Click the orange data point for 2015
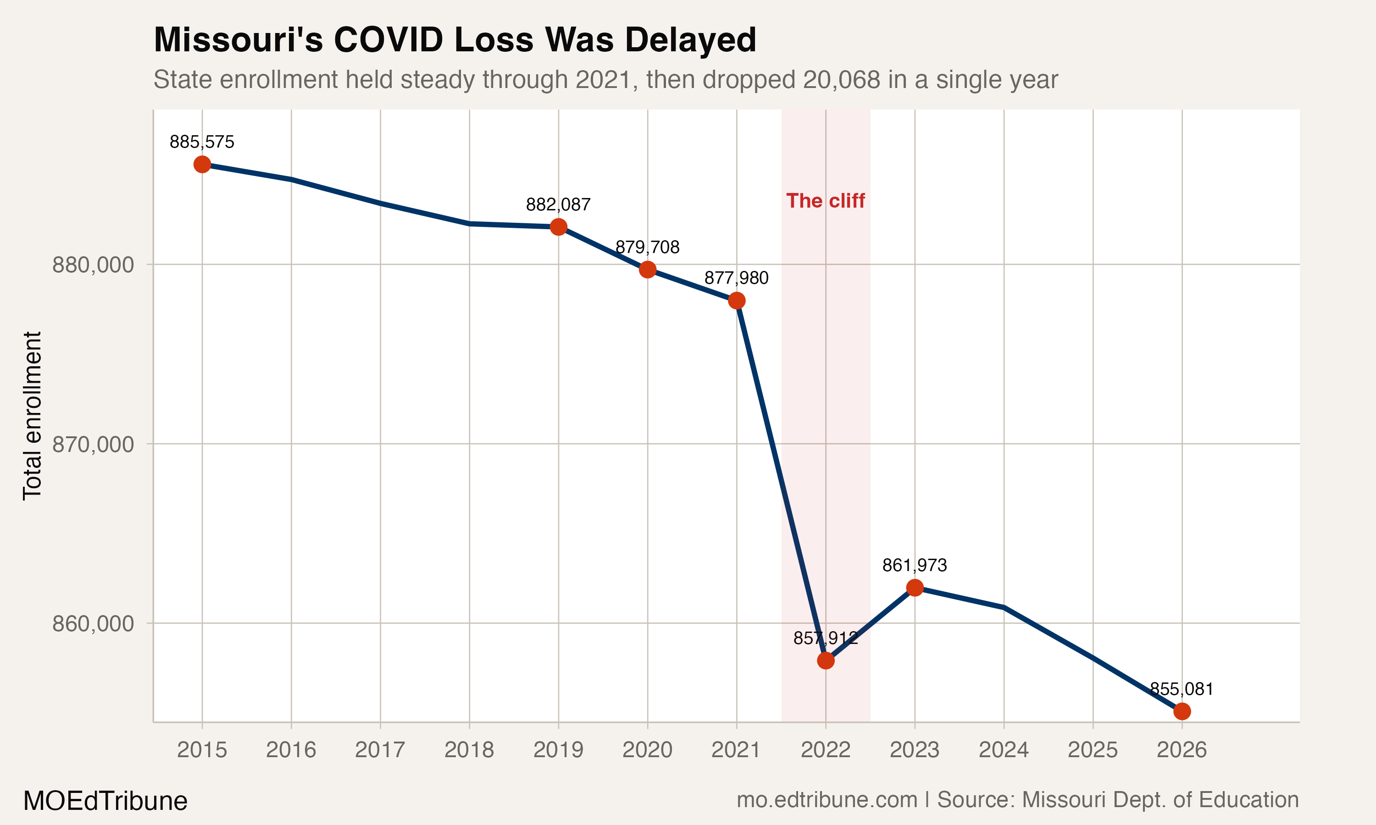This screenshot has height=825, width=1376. tap(202, 165)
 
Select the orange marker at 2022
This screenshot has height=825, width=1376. tap(826, 660)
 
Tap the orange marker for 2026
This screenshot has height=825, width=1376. tap(1182, 711)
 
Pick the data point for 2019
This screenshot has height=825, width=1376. tap(558, 227)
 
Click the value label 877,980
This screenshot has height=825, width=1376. tap(736, 278)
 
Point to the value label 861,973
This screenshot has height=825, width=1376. tap(915, 566)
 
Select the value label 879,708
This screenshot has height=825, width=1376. tap(647, 247)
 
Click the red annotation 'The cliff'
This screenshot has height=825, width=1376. tap(826, 201)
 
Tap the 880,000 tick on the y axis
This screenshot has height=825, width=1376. tap(94, 264)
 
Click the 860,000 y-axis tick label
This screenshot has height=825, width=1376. tap(94, 624)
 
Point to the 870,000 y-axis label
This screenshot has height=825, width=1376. tap(94, 444)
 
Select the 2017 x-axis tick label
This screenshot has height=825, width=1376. tap(380, 750)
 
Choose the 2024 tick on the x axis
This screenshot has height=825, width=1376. tap(1004, 750)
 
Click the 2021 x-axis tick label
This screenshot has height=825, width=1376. tap(736, 750)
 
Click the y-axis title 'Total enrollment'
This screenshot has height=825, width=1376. tap(32, 416)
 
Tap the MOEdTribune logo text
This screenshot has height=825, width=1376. tap(105, 801)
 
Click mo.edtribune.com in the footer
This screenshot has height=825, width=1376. tap(827, 800)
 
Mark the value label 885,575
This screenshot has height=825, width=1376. tap(202, 143)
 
